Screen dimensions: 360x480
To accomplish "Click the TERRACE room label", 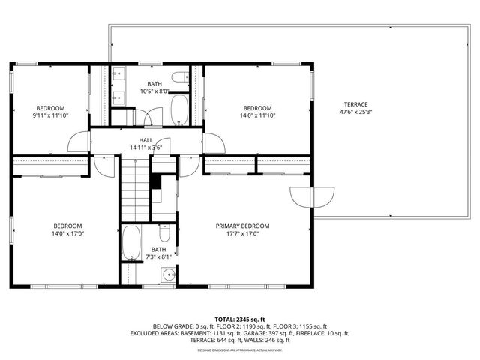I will pos(356,104).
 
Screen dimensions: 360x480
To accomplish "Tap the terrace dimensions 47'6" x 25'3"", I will pos(356,113).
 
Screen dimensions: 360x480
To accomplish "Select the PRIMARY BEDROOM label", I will pos(242,226).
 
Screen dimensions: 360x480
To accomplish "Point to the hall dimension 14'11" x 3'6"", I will pos(145,148).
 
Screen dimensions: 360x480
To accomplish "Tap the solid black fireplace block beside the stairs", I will pos(156,182).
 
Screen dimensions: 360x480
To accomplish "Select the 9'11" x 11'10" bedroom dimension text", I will pos(50,115).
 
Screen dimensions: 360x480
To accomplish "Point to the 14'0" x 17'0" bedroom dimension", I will pos(67,234).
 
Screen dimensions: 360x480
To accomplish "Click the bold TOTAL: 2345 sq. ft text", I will pos(240,319).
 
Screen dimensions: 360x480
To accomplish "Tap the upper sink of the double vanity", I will pos(119,77).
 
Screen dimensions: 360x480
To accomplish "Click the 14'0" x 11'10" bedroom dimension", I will pos(256,115).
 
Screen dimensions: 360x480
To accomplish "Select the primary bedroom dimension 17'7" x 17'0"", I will pos(242,234).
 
